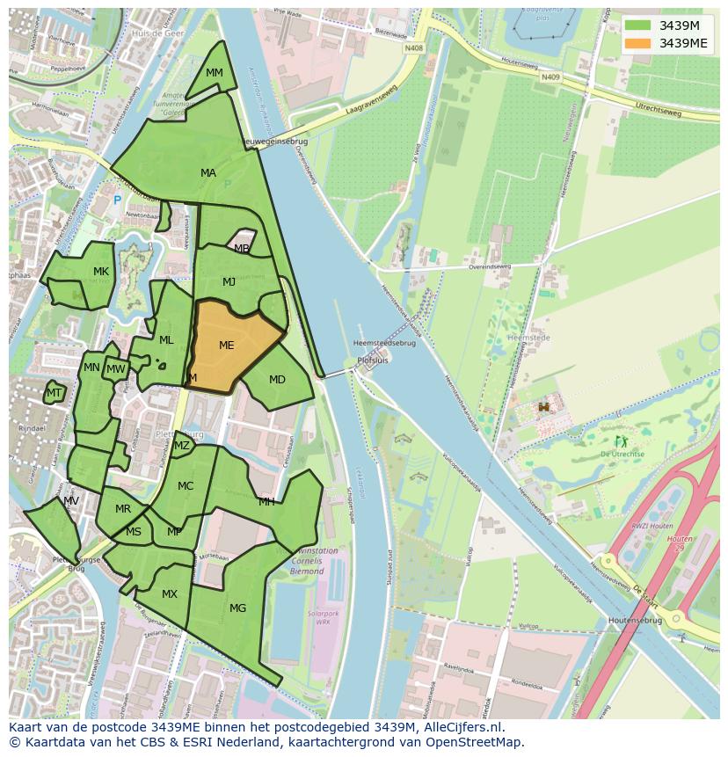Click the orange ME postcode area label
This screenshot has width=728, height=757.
tap(226, 346)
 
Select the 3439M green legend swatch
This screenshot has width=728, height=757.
tap(638, 25)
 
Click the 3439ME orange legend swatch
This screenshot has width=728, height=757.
tap(638, 43)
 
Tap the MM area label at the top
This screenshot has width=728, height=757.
tap(214, 73)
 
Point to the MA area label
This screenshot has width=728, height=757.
tap(208, 173)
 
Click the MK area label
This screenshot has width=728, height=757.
tap(101, 272)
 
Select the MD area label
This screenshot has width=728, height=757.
tap(277, 380)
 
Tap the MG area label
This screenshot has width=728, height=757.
tap(237, 608)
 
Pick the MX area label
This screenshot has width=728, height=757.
tap(170, 594)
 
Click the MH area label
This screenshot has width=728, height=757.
tap(266, 502)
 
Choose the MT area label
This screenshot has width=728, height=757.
tap(55, 393)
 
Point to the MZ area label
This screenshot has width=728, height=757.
tap(182, 446)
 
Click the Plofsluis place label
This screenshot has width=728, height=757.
tap(373, 360)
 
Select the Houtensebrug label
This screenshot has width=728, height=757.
tap(635, 620)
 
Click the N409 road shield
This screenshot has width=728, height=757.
tap(550, 77)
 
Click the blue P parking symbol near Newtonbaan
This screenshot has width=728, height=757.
tap(117, 200)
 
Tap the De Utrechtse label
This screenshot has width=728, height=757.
tap(622, 454)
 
